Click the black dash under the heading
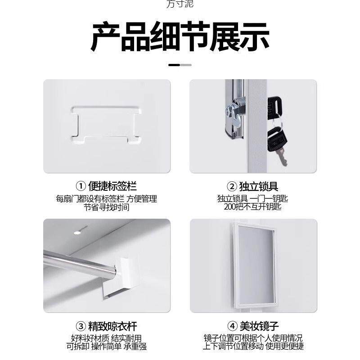[x=174, y=65]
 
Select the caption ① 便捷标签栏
[x=107, y=186]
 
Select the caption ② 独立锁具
[x=252, y=186]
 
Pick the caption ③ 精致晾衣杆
[x=107, y=325]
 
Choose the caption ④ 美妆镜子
[x=252, y=325]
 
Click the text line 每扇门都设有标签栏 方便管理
[x=107, y=198]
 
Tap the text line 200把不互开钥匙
[x=252, y=207]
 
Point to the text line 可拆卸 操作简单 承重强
[x=107, y=346]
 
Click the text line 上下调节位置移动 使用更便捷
[x=252, y=346]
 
